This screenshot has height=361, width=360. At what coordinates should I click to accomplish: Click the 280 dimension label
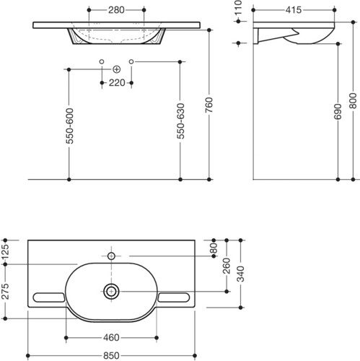coord(116,10)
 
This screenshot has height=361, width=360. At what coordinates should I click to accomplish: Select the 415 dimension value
coord(294,10)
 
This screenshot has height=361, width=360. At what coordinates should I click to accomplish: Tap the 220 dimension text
coord(117,83)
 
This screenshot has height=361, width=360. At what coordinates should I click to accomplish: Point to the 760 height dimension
coord(209,105)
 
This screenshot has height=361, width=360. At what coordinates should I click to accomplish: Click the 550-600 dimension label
coord(69,126)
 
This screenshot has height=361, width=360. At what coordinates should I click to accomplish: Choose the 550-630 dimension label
coord(180,121)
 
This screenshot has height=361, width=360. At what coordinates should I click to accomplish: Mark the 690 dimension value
coord(338,112)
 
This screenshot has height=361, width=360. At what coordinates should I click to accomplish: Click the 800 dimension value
coord(353,100)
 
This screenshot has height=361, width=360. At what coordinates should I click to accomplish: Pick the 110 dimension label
coord(238,8)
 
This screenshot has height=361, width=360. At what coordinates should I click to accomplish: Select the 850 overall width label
coord(111,356)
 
